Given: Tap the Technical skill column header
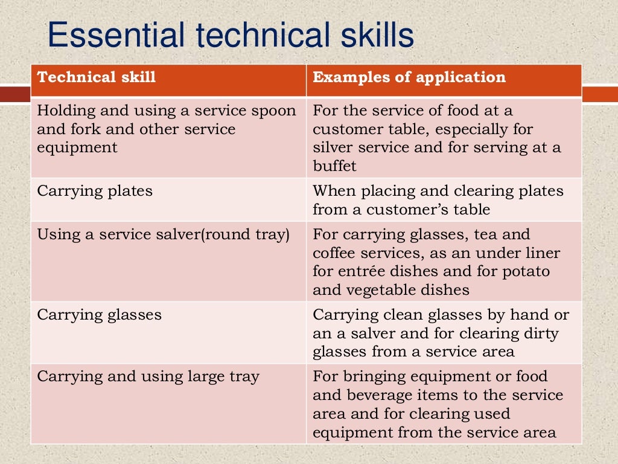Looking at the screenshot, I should (97, 77).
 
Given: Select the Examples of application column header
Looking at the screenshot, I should (409, 77).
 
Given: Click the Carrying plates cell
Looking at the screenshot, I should (95, 192).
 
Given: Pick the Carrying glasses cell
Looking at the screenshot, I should (100, 315).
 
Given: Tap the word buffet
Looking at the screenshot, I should (334, 166).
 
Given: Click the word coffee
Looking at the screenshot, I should (334, 253).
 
